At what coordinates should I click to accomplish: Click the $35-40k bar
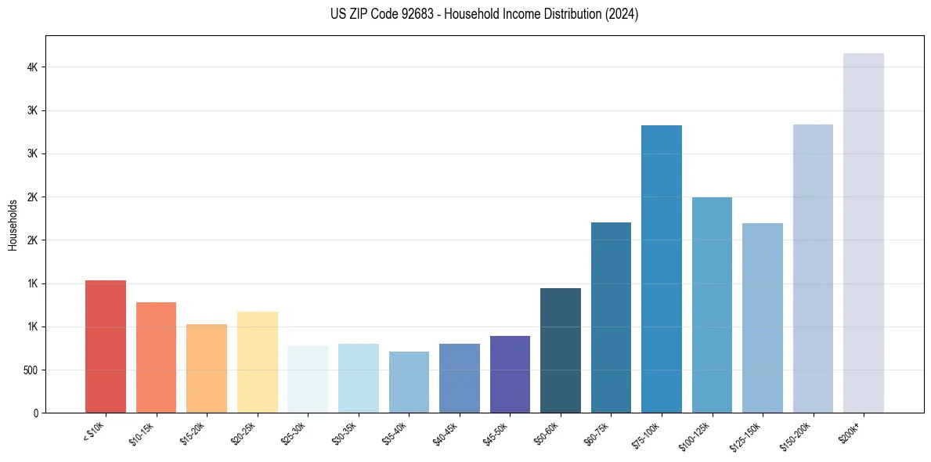point(409,382)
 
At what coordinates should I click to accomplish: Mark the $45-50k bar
point(510,374)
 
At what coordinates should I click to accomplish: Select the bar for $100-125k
point(712,305)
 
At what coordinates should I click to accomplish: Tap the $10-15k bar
point(156,357)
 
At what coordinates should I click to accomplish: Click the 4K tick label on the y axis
point(33,67)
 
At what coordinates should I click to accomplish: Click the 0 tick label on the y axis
point(36,413)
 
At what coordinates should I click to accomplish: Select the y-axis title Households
point(13,225)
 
